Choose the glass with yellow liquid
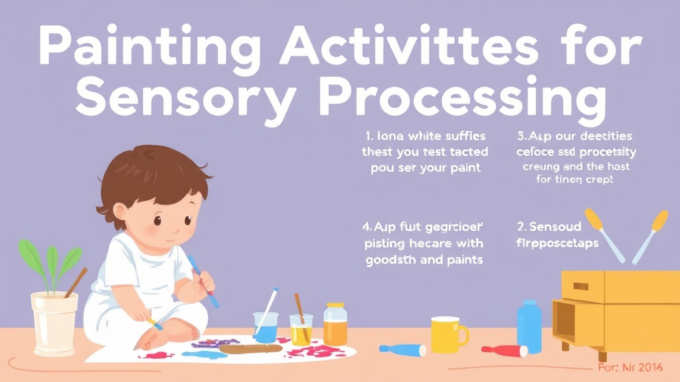pyautogui.click(x=301, y=329)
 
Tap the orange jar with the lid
pyautogui.click(x=335, y=324)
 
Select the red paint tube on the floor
pyautogui.click(x=504, y=350)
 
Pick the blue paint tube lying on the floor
pyautogui.click(x=402, y=349)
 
